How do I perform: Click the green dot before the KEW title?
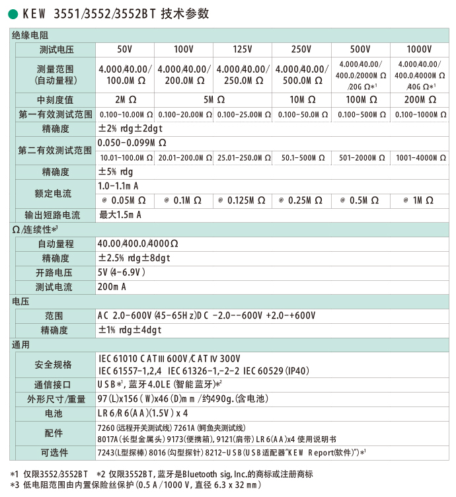(13, 14)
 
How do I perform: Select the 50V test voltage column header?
(125, 50)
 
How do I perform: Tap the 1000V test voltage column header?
(419, 50)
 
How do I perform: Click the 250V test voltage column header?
(301, 50)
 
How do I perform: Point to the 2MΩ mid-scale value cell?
(125, 100)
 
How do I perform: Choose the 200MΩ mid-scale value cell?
(419, 100)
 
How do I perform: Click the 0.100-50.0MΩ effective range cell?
(301, 114)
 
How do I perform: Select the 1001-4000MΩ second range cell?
(419, 158)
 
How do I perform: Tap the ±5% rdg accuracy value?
(116, 172)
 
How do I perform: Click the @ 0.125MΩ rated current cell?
(243, 200)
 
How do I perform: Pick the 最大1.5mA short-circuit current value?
(120, 215)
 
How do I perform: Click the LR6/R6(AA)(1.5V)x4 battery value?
(138, 414)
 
